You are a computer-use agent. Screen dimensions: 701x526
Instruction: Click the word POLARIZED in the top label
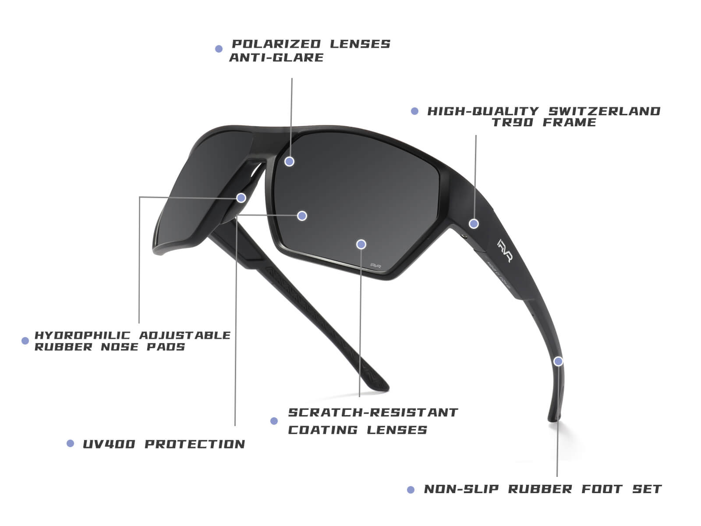pos(276,44)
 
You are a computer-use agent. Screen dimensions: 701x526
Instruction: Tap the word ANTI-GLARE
pos(276,57)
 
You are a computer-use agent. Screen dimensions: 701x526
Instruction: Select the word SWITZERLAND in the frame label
pos(604,111)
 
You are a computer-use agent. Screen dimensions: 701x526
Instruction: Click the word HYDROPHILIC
pos(83,335)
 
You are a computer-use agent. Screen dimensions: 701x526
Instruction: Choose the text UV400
pos(109,444)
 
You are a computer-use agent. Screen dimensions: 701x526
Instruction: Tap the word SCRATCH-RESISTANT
pos(373,412)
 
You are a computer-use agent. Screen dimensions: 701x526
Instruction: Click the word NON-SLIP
pos(461,489)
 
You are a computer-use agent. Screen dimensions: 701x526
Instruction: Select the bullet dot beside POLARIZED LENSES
pos(219,49)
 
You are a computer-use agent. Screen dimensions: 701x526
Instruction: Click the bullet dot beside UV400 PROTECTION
pos(70,443)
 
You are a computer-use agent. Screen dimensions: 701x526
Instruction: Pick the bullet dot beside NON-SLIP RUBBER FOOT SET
pos(411,490)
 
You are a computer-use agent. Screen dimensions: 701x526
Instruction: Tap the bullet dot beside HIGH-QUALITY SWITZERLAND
pos(414,111)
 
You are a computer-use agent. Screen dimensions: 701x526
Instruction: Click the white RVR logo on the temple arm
pos(505,251)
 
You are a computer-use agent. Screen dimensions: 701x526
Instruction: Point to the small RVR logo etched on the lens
pos(375,266)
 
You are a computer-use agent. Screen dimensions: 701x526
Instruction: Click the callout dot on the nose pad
pos(241,198)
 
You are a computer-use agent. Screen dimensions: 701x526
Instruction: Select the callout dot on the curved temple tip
pos(558,361)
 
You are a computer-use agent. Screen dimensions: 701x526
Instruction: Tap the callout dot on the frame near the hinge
pos(474,224)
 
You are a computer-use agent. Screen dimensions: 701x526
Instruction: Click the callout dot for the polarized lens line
pos(289,162)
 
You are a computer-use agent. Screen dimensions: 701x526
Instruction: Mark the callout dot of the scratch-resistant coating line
pos(361,244)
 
